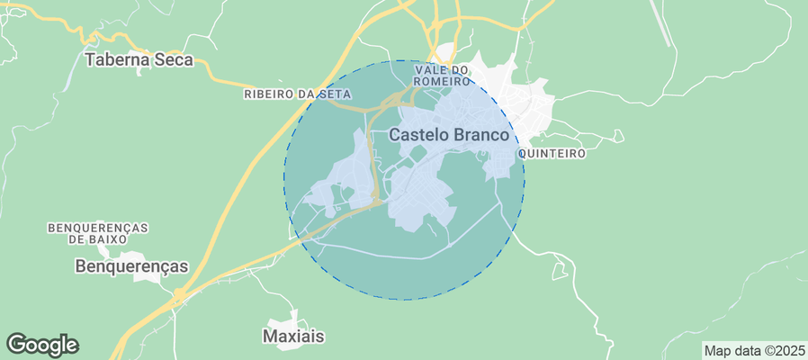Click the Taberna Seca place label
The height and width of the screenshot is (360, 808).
[139, 60]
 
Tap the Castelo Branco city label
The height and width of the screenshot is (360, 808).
[449, 134]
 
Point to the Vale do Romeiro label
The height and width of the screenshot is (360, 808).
[442, 76]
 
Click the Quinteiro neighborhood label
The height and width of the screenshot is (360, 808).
[552, 154]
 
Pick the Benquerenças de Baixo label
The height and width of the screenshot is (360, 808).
[98, 234]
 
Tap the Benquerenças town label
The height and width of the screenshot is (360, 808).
[131, 266]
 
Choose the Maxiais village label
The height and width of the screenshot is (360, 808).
[292, 336]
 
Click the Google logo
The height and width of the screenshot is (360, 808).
[42, 344]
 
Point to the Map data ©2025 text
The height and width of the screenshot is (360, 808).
[753, 350]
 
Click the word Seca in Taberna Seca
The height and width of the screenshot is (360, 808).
[175, 60]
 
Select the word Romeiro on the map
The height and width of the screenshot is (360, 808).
[442, 81]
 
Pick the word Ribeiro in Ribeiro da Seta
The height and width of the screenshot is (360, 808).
[267, 94]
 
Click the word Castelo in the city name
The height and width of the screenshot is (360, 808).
[417, 134]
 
